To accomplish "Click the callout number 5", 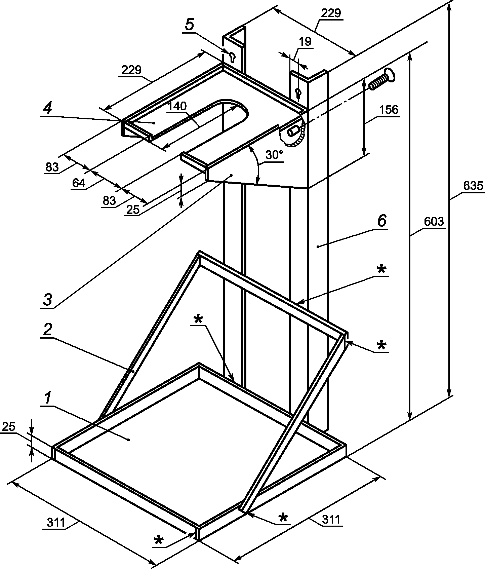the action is point(190,25).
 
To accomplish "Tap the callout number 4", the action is point(48,108).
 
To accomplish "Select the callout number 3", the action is point(48,300).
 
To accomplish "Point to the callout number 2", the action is point(48,330).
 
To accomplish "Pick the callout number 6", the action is point(382,221).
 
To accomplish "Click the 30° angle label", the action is point(274,155).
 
